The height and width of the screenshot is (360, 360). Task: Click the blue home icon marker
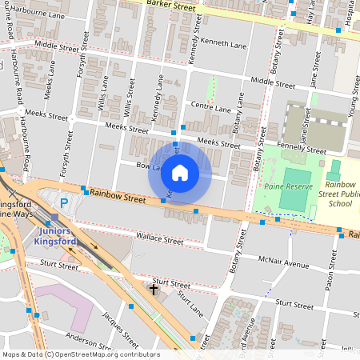[x=180, y=172]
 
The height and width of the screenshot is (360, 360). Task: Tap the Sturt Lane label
[x=191, y=303]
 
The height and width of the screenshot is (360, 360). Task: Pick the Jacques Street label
[x=117, y=325]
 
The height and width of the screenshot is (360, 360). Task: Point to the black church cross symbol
[x=154, y=288]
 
